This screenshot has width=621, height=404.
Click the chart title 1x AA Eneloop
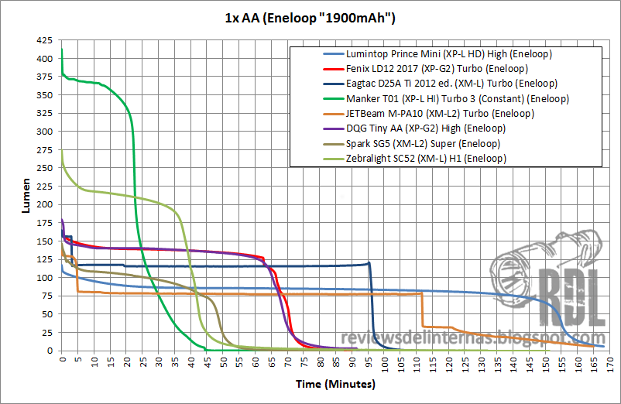coord(310,18)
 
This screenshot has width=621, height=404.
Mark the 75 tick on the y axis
coord(48,296)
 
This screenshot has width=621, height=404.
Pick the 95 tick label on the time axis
coord(368,361)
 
